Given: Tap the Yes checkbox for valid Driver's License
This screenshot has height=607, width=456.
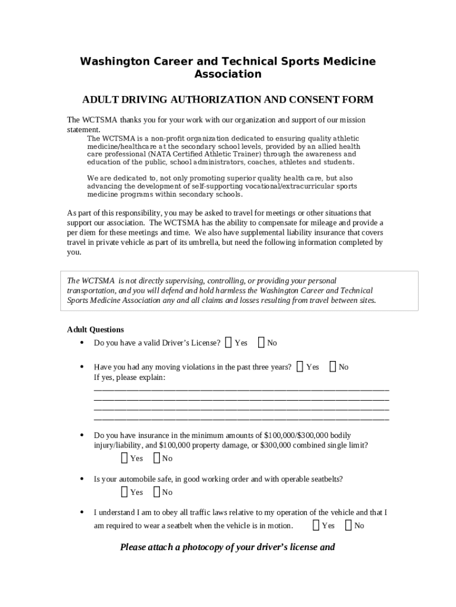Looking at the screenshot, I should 229,342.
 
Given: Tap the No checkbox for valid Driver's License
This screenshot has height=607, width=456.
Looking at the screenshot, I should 261,342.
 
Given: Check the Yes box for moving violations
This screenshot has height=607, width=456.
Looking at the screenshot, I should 300,366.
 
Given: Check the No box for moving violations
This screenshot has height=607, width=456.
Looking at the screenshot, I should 332,366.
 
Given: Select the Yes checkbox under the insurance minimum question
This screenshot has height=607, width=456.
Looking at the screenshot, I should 124,458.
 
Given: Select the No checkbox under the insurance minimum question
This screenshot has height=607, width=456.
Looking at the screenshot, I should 156,458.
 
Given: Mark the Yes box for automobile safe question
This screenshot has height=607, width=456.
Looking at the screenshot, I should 124,491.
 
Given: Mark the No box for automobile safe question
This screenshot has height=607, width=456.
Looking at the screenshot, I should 156,491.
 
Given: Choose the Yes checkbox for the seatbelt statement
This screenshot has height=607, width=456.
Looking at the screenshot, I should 316,525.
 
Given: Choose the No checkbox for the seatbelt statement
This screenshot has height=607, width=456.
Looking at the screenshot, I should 348,525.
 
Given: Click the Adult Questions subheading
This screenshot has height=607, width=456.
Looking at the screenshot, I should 95,330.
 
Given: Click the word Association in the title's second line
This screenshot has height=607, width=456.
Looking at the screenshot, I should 227,74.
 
